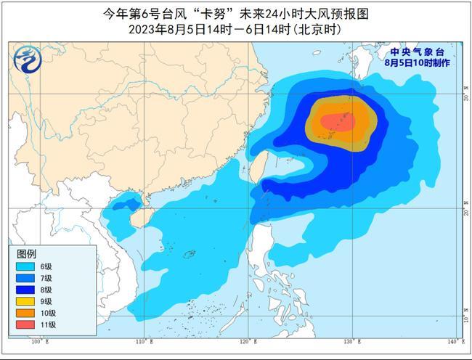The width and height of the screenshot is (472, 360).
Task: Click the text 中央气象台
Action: tap(416, 52)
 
